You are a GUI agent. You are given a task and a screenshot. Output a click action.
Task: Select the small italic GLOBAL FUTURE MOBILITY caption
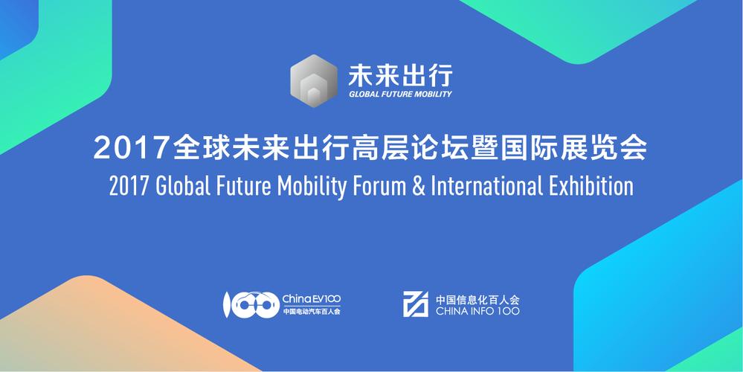tap(400, 94)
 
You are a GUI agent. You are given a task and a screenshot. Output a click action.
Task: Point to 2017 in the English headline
tap(129, 186)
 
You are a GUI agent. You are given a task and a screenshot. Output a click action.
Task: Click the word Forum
tap(379, 186)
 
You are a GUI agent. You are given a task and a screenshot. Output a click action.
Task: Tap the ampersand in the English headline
tap(417, 186)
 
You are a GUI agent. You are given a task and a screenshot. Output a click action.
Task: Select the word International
tap(491, 186)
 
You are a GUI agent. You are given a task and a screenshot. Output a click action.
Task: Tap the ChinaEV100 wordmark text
tap(312, 298)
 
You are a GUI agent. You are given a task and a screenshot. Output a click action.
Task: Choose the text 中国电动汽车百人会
tap(312, 312)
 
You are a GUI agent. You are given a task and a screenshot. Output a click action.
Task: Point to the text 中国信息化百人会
tap(478, 298)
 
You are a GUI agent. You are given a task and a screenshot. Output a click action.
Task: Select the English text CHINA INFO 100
tap(478, 311)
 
